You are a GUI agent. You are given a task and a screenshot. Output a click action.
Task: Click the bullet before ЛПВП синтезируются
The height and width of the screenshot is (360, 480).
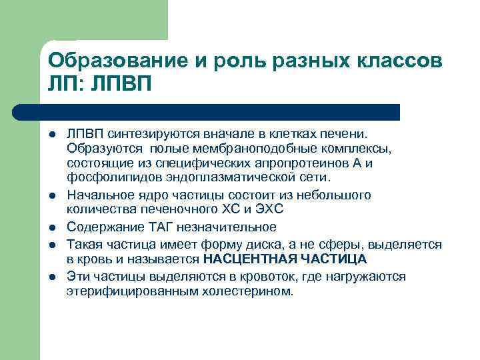coord(51,135)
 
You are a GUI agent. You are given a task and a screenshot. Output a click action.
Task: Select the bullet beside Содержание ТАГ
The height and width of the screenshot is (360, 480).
coord(51,227)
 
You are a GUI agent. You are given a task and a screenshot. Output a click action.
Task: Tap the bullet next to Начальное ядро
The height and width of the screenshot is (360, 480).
coord(51,195)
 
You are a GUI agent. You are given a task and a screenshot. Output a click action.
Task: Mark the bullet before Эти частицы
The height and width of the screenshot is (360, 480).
coord(51,277)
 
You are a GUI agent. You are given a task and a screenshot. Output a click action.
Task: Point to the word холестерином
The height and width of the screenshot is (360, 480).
coord(254,291)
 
